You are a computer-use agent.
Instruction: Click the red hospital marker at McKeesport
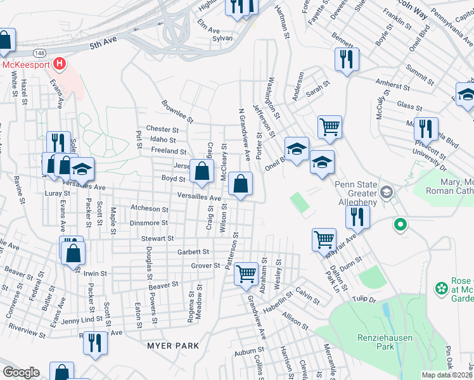pos(59,63)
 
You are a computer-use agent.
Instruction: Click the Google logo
pos(22,372)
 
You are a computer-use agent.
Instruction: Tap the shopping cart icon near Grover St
pos(246,274)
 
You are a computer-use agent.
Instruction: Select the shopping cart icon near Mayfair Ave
pos(324,239)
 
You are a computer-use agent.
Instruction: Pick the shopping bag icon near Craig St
pos(202,172)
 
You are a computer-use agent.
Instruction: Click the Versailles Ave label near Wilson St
pos(199,197)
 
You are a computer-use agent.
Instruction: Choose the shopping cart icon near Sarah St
pos(330,127)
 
